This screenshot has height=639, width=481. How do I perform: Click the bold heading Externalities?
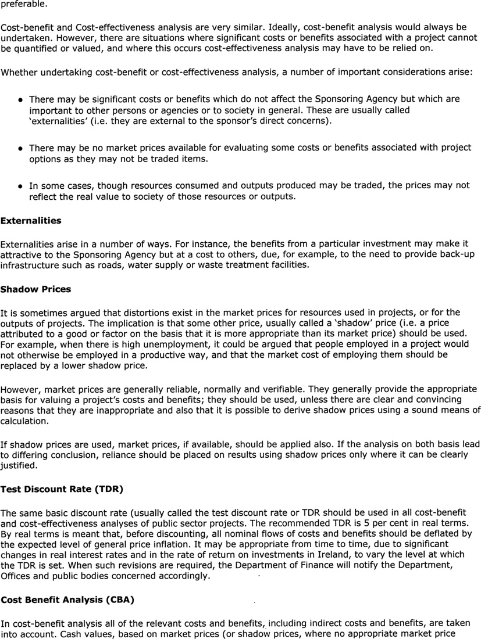(x=30, y=221)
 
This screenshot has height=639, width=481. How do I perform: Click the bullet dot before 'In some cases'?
(x=20, y=187)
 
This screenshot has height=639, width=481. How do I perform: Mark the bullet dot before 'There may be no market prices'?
(x=20, y=149)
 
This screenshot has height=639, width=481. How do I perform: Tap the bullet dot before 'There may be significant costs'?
(x=20, y=100)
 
